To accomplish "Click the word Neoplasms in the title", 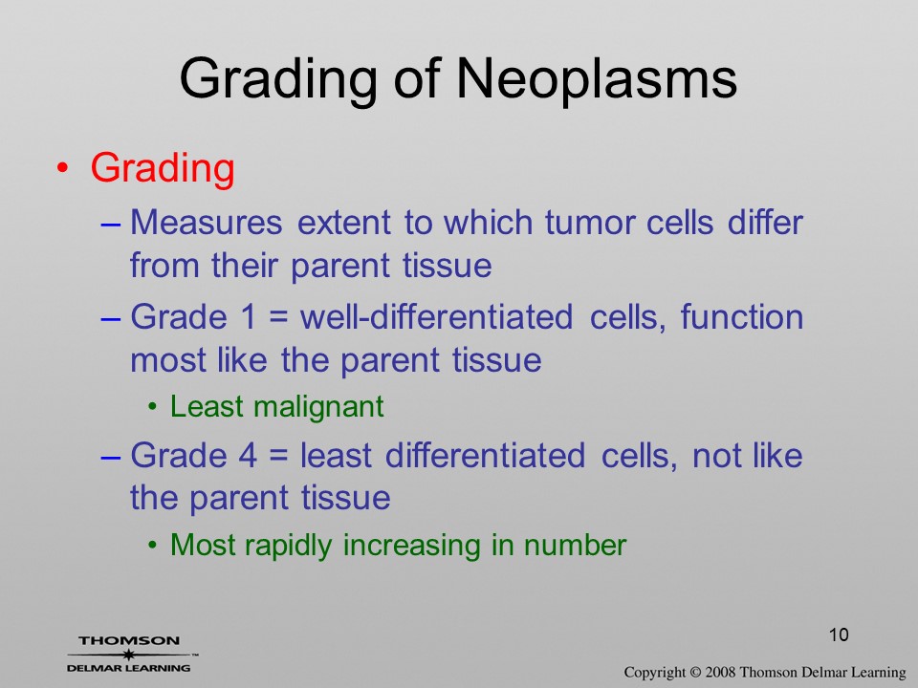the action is click(x=596, y=79).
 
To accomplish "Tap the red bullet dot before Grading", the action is click(x=63, y=168).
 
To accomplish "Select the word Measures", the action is click(x=207, y=223).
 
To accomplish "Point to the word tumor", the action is click(x=590, y=223).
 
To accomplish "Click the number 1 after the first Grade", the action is click(x=249, y=317).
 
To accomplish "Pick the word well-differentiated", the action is click(x=436, y=317).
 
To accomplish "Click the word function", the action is click(x=742, y=317).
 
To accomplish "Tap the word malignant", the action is click(x=318, y=407).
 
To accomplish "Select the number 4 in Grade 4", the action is click(x=249, y=456).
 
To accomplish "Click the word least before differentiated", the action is click(x=336, y=456).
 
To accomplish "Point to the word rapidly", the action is click(x=288, y=546).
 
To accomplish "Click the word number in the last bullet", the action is click(x=575, y=546).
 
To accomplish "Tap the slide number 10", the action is click(x=839, y=634).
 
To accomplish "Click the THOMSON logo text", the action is click(x=129, y=640).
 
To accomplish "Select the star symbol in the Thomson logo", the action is click(x=128, y=655).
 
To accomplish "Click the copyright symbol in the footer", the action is click(x=695, y=672).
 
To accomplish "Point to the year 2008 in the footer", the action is click(x=720, y=672).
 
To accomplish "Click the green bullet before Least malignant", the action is click(x=153, y=407).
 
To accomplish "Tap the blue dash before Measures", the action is click(x=111, y=224).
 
